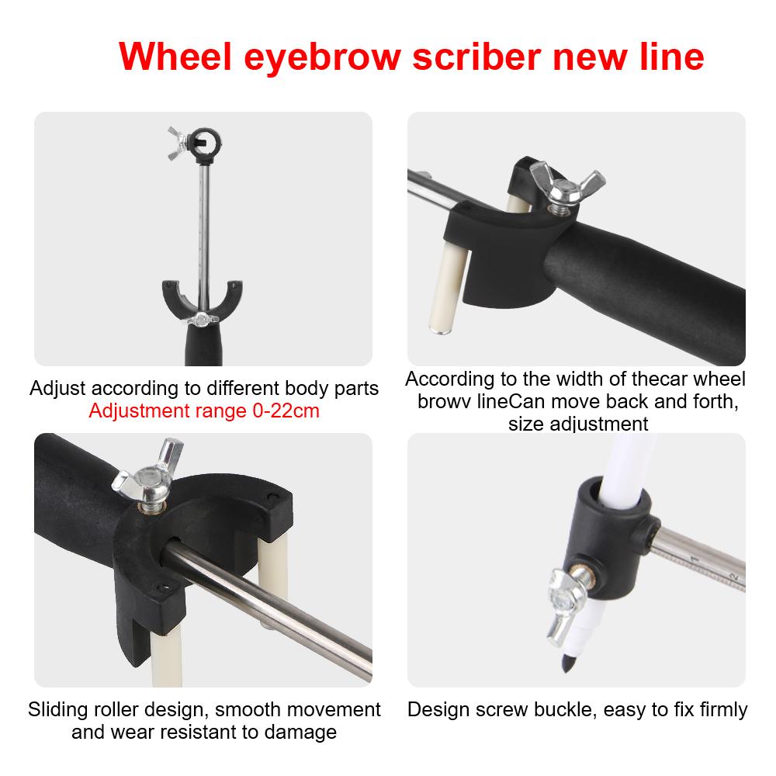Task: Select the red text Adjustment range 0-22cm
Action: pyautogui.click(x=204, y=411)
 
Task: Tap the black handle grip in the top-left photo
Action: pyautogui.click(x=203, y=345)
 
